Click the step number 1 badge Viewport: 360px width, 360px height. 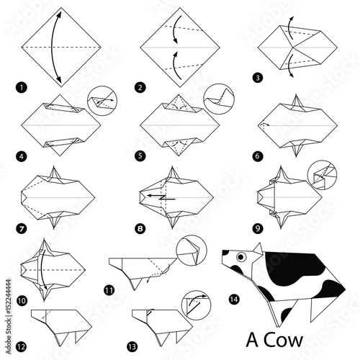22,87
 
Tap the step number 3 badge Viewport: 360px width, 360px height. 258,78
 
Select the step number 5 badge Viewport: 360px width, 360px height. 140,156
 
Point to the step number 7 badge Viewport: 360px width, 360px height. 22,228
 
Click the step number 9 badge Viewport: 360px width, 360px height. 258,228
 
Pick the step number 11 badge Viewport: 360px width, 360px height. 109,290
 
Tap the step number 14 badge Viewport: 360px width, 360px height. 234,300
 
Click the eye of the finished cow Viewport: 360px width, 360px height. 241,257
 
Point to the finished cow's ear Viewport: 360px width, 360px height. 258,248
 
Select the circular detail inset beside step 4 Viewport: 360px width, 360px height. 102,101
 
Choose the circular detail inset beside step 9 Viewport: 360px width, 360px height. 323,175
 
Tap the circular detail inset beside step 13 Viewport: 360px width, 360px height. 196,305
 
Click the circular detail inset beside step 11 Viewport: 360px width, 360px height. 192,250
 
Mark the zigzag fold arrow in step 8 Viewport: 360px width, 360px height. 161,197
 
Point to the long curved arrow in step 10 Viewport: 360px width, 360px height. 41,269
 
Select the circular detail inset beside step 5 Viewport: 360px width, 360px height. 219,99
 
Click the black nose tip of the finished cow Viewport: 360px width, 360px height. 225,253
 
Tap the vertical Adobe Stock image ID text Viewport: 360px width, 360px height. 9,317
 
